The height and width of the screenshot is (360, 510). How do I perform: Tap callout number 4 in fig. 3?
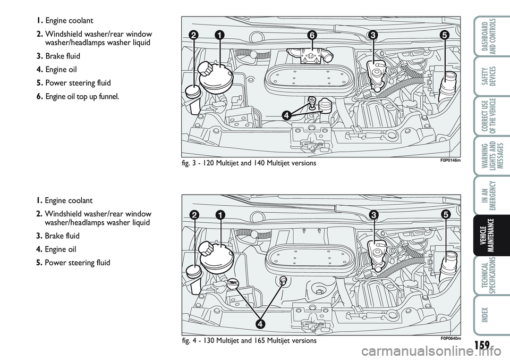click(x=286, y=115)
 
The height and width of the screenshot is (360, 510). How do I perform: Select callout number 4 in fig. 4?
click(x=260, y=323)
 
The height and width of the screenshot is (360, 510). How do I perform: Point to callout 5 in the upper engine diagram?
click(x=444, y=35)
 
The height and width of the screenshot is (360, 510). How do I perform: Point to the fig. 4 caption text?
click(x=249, y=340)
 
